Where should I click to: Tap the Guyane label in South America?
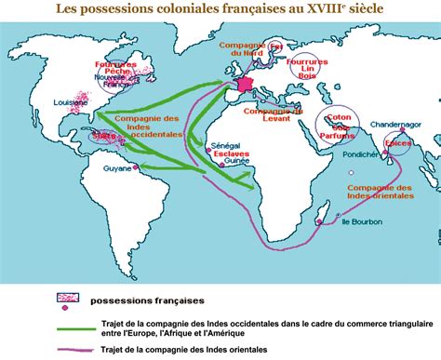coord(119,169)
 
